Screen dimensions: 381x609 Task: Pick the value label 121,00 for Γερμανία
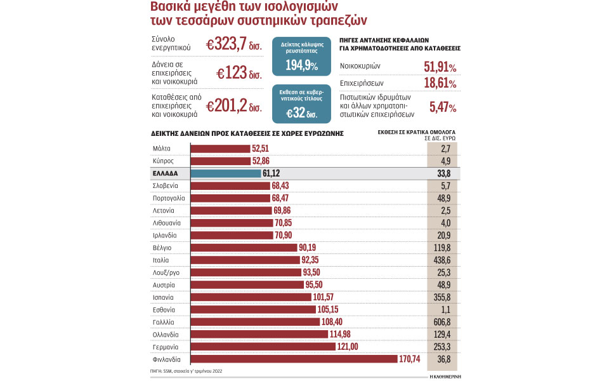[350, 347]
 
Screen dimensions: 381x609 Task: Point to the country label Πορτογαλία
[169, 198]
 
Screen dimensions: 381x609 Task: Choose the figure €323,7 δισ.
[233, 44]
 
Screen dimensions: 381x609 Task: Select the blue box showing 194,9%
[301, 58]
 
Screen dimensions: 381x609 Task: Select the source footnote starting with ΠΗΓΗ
[187, 370]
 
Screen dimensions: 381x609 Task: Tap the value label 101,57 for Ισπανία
[327, 297]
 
